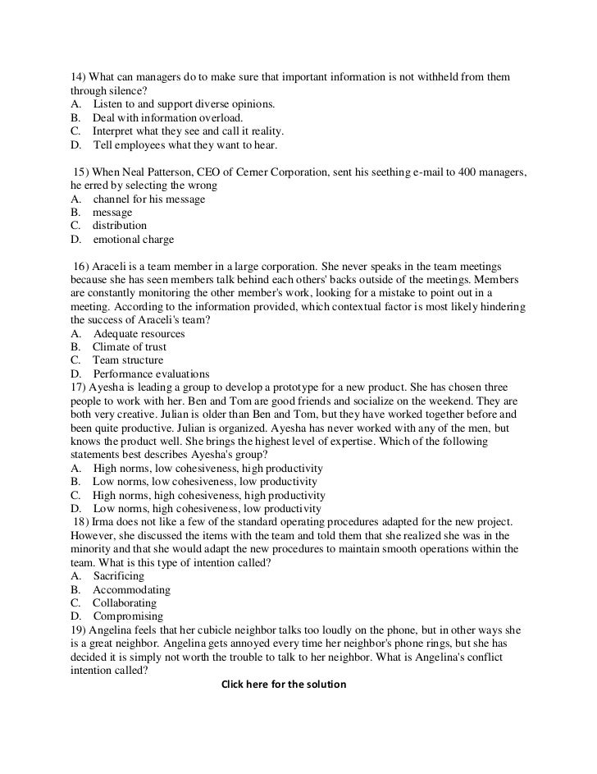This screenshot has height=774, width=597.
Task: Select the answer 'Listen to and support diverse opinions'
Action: pos(184,104)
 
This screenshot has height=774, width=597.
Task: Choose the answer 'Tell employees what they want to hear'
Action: pos(185,144)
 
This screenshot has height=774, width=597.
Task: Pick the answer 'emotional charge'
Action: pos(133,240)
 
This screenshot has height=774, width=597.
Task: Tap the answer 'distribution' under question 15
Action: pos(120,226)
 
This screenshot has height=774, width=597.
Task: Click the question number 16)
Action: pos(82,266)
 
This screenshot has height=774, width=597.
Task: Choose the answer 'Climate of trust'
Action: pos(129,347)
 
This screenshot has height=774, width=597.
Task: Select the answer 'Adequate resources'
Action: pos(139,333)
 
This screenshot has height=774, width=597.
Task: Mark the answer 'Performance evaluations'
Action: pos(151,373)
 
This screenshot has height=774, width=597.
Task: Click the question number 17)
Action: pos(80,387)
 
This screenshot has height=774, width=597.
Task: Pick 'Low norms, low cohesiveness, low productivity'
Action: pos(205,482)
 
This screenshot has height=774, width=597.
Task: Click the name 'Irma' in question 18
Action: pos(102,522)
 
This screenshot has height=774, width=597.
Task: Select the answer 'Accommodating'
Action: pos(131,589)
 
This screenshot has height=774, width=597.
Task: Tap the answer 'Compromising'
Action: pos(128,616)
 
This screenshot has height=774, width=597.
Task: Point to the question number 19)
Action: pos(80,630)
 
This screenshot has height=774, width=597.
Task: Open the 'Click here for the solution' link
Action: pos(285,684)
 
